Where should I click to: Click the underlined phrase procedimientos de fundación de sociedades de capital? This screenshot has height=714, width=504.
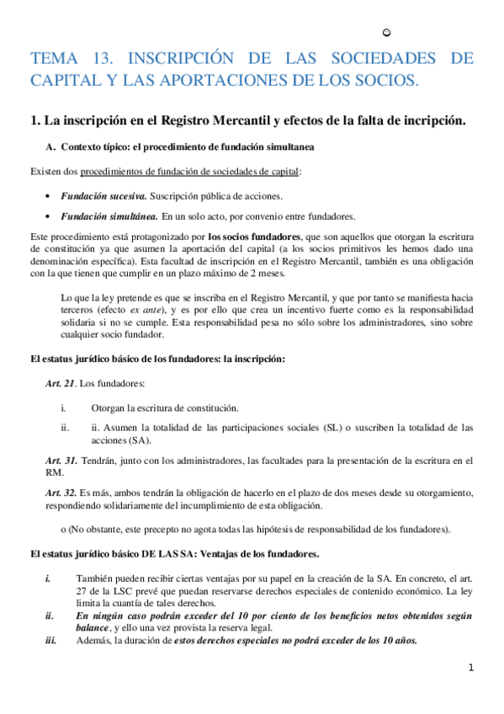189,172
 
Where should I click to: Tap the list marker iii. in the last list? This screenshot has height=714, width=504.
50,640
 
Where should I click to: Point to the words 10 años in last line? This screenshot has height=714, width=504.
398,640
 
